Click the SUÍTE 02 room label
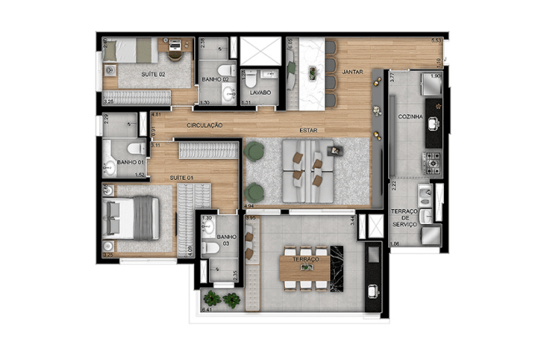point(152,75)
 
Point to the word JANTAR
point(352,72)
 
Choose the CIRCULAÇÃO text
point(205,125)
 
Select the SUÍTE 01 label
point(182,177)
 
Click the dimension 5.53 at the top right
point(435,40)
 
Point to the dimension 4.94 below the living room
point(248,204)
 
